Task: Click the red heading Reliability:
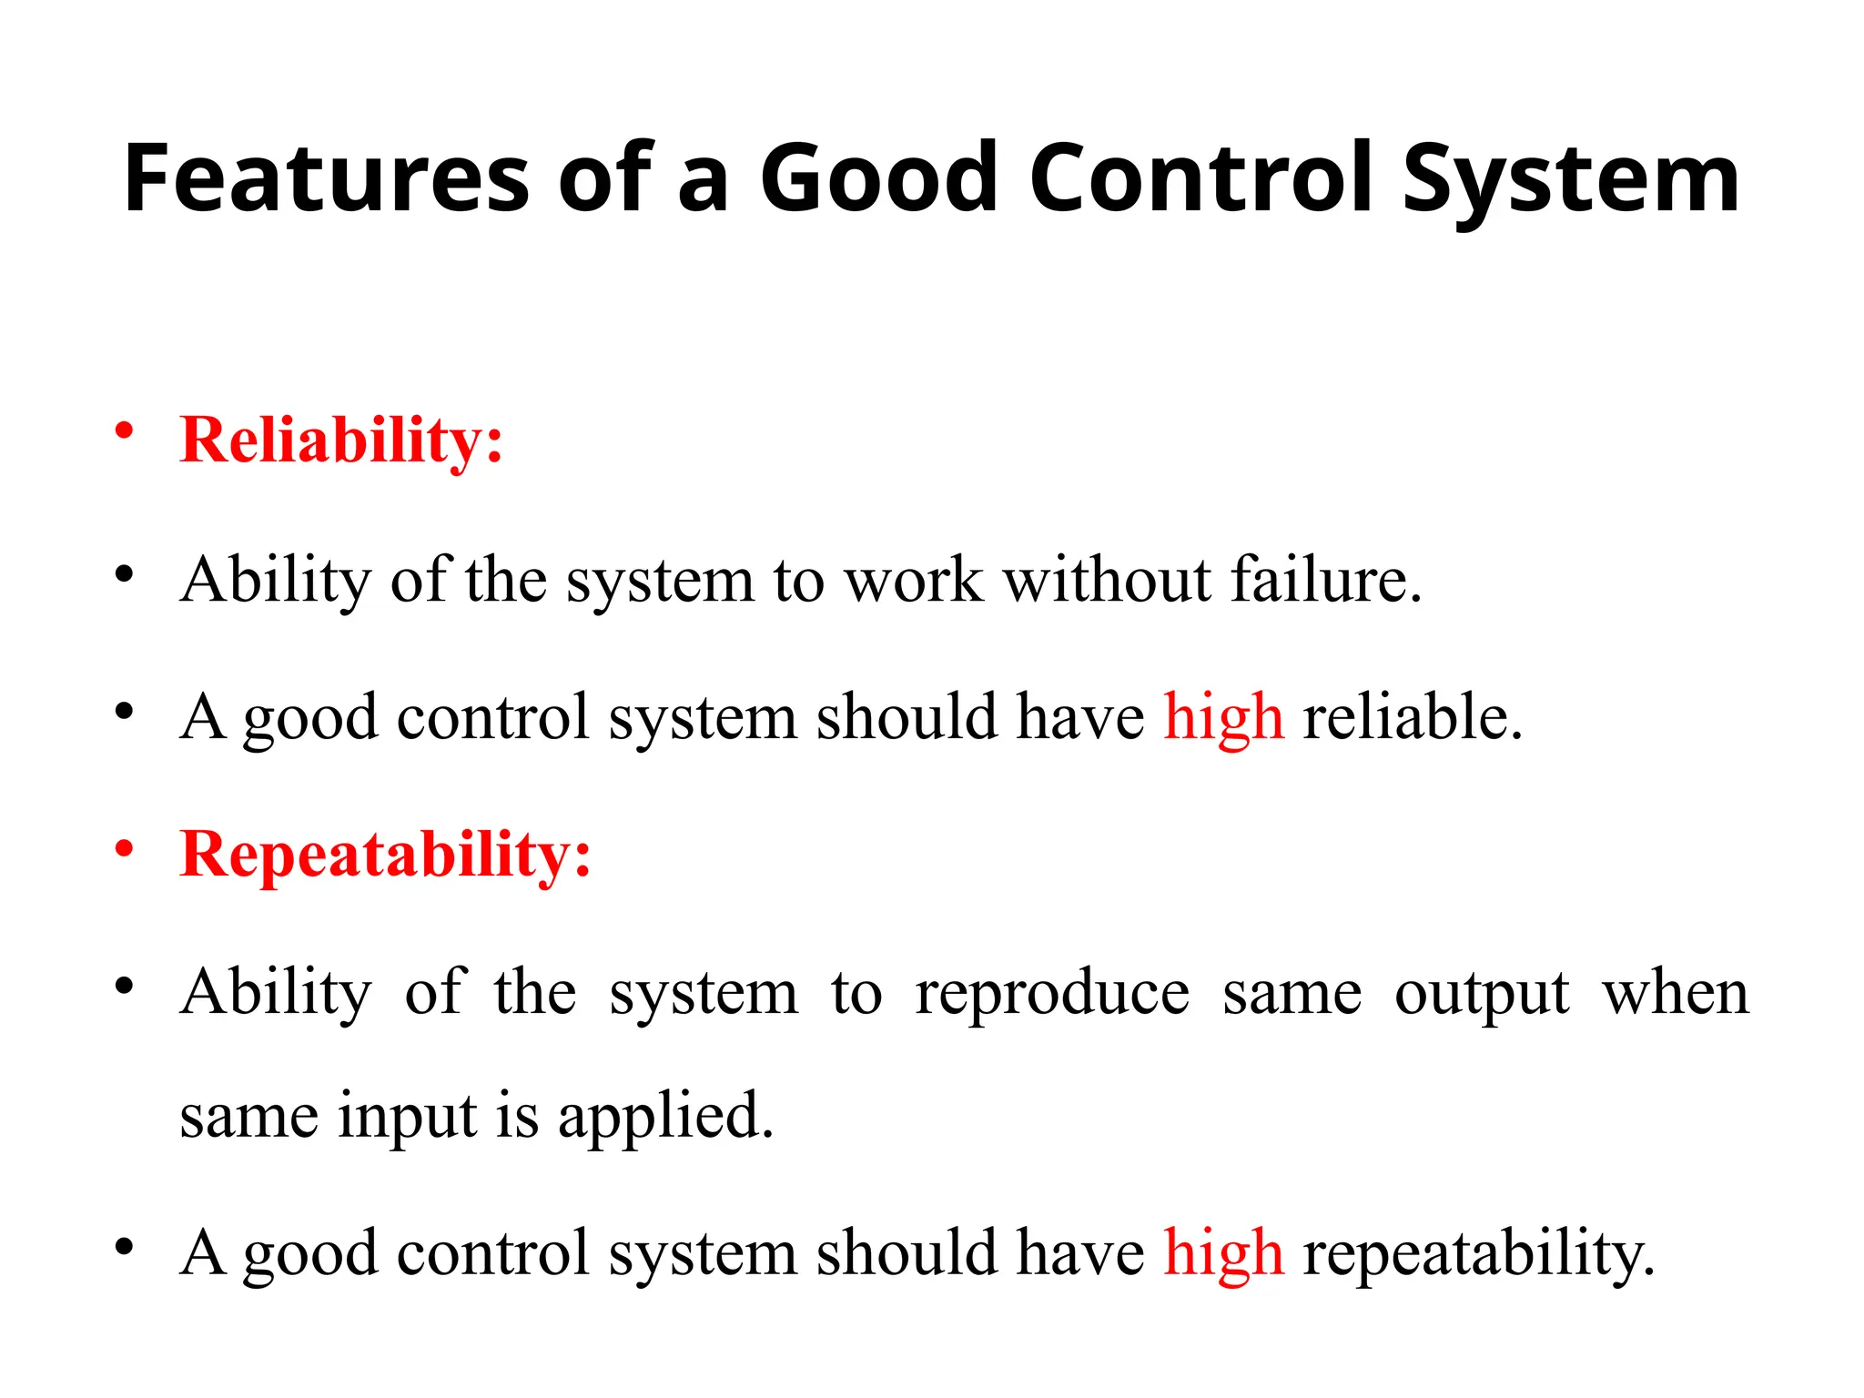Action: click(341, 441)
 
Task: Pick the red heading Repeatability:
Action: click(386, 856)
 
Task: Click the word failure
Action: click(1325, 580)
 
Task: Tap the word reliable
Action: click(1412, 717)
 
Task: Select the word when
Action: click(1676, 992)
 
